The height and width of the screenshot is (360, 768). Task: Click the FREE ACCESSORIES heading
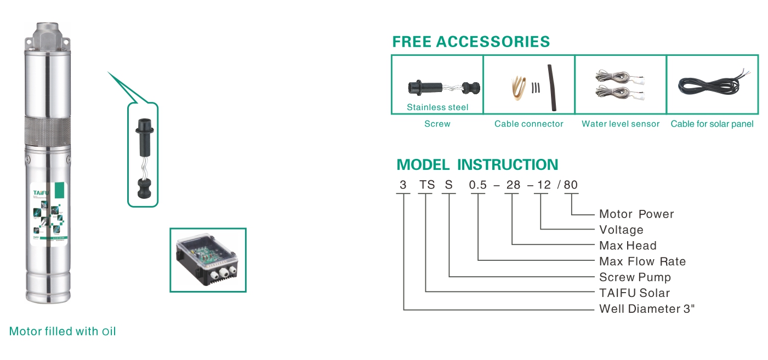(471, 42)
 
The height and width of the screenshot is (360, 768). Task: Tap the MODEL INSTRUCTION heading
(477, 164)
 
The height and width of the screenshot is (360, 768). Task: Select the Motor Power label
(636, 214)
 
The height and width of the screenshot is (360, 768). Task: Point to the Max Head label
(628, 245)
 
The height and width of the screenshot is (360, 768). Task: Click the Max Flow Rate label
(642, 261)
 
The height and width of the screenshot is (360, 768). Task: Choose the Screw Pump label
(635, 277)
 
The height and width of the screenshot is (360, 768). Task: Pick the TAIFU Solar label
(634, 293)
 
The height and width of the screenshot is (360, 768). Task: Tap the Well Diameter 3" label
(647, 309)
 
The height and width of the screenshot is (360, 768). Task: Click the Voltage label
(621, 230)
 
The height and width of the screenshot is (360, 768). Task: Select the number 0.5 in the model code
(478, 185)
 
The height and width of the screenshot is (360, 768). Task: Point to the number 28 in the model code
(513, 185)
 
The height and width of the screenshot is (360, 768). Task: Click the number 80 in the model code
(571, 185)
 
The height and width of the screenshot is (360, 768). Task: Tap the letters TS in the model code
(427, 185)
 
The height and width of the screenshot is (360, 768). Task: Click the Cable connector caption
(528, 124)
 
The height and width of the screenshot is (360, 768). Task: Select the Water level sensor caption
(621, 124)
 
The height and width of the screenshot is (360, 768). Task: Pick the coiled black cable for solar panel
(710, 85)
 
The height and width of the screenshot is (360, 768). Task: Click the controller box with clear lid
(208, 259)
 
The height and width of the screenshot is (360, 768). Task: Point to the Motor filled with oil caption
(62, 332)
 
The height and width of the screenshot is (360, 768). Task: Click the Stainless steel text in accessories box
(437, 107)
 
